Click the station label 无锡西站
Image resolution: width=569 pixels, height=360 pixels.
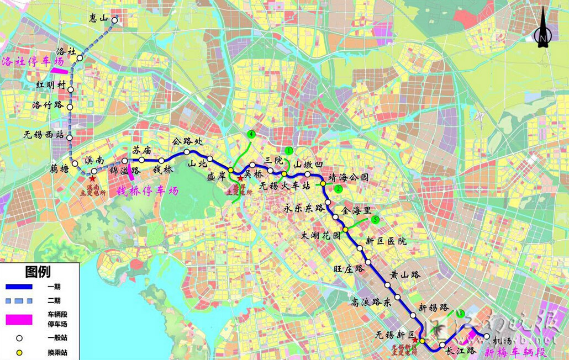[44, 135]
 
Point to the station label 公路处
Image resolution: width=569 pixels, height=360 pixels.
[185, 141]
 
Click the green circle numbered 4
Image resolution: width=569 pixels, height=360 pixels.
[251, 134]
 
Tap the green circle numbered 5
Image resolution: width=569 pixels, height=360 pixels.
[376, 219]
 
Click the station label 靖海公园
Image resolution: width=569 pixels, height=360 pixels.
[348, 178]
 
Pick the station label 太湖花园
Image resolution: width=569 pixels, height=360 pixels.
[320, 235]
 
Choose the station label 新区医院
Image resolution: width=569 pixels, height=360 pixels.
[386, 241]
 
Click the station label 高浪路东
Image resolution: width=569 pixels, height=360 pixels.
[371, 301]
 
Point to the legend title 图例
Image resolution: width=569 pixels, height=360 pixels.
[38, 272]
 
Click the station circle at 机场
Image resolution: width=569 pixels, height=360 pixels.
[486, 336]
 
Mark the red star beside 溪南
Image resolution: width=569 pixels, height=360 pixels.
[92, 178]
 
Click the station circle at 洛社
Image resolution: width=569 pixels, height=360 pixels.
[80, 57]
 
